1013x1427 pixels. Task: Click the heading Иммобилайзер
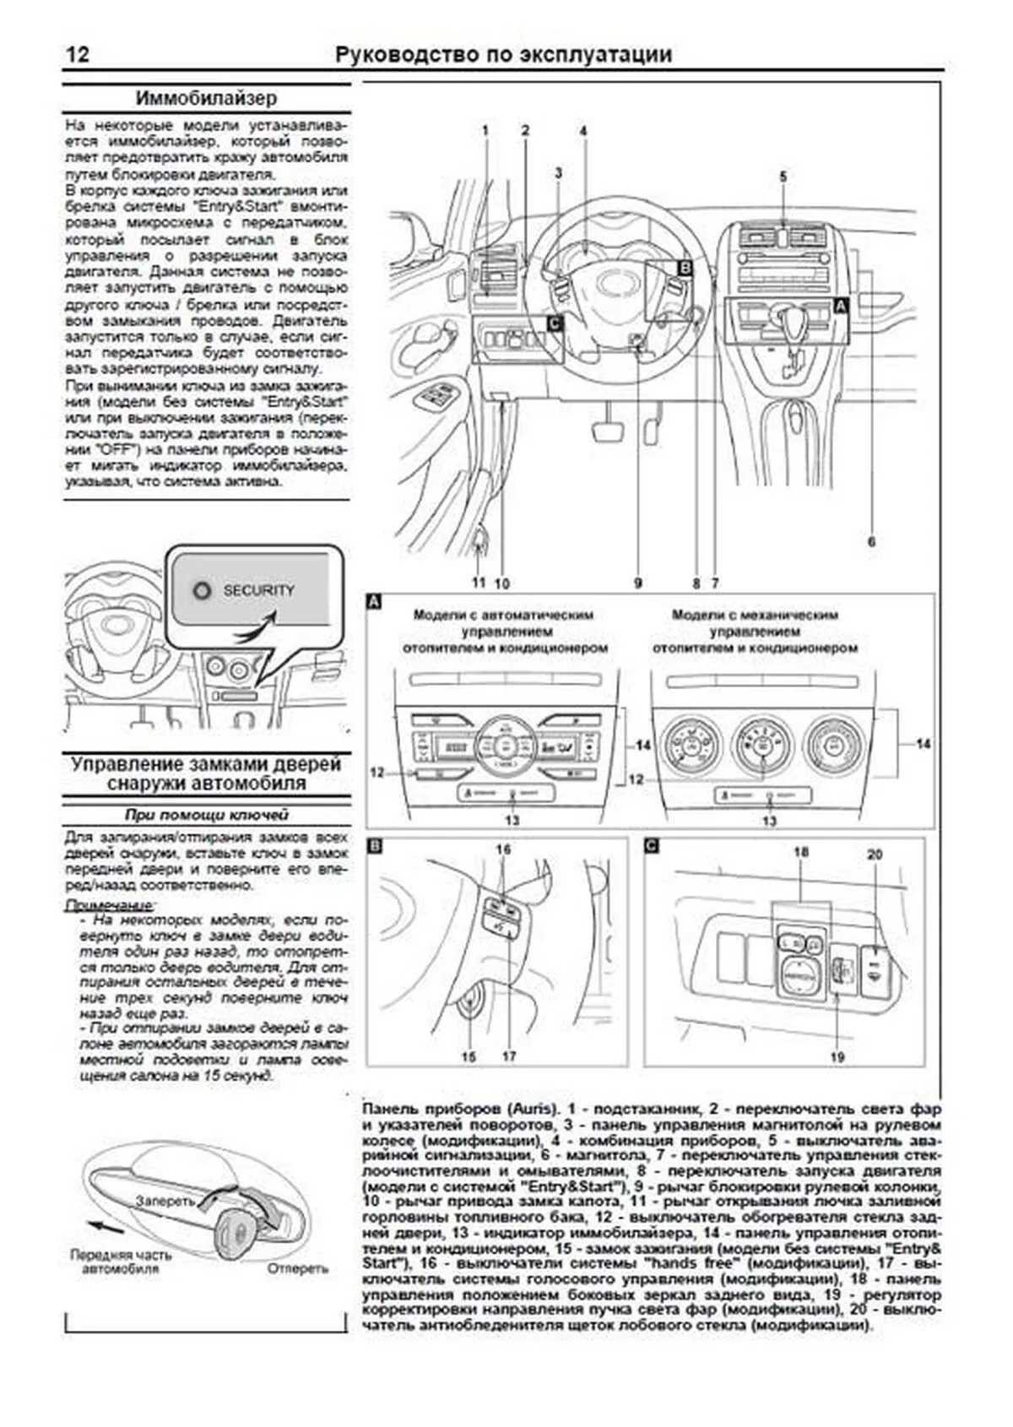coord(206,99)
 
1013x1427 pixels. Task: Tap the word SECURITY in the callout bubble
coord(258,590)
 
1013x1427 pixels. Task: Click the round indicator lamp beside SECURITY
coord(201,590)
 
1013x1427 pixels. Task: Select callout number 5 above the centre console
coord(783,177)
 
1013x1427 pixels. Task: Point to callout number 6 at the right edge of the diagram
coord(872,541)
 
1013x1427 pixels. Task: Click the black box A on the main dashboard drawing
coord(840,307)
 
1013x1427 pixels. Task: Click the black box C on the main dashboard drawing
coord(553,323)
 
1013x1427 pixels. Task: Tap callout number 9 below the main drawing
coord(638,583)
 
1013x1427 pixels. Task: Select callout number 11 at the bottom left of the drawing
coord(479,583)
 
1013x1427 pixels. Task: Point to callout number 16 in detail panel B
coord(503,849)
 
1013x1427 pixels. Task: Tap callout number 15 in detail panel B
coord(469,1056)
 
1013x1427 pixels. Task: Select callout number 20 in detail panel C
coord(875,855)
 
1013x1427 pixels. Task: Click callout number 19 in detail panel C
coord(837,1056)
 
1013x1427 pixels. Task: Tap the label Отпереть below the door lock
coord(297,1268)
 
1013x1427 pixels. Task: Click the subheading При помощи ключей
coord(206,815)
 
